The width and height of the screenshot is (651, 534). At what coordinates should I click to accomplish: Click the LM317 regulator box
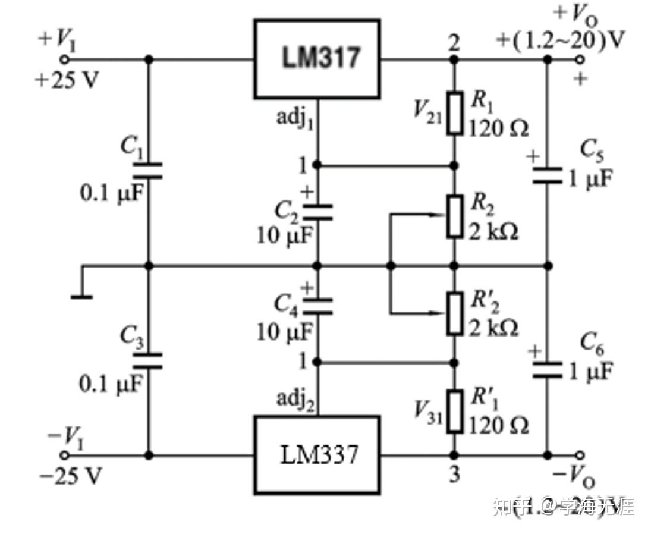point(317,58)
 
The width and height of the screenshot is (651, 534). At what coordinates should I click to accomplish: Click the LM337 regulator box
point(317,455)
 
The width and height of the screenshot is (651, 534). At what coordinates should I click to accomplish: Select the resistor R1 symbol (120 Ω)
point(455,112)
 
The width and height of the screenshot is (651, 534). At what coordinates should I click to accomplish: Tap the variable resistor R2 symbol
point(455,216)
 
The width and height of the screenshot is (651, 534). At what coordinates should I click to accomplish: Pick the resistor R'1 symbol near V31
point(455,411)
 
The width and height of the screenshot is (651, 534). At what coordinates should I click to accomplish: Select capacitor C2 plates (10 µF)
point(317,212)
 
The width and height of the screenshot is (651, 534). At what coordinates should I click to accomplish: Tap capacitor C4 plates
point(317,307)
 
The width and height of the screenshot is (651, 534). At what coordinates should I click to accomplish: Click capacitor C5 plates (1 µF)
point(548,175)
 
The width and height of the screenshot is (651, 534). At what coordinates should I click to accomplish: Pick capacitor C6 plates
point(548,370)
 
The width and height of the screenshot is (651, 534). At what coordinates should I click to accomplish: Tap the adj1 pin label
point(295,117)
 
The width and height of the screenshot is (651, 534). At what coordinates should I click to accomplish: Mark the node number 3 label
point(454,476)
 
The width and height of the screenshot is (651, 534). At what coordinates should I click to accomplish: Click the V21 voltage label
point(428,111)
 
